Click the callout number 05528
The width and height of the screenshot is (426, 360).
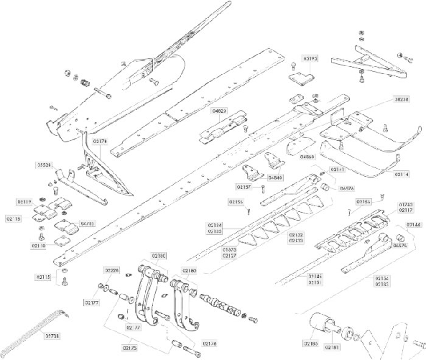point(45,165)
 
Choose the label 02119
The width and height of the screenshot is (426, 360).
point(24,203)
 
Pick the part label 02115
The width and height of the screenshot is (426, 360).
point(44,276)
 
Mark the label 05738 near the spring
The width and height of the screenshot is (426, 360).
point(52,335)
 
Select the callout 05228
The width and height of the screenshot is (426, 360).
point(112,269)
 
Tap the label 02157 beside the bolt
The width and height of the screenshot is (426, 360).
point(243,187)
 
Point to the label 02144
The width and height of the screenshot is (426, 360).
point(415,225)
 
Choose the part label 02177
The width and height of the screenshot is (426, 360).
point(93,303)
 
